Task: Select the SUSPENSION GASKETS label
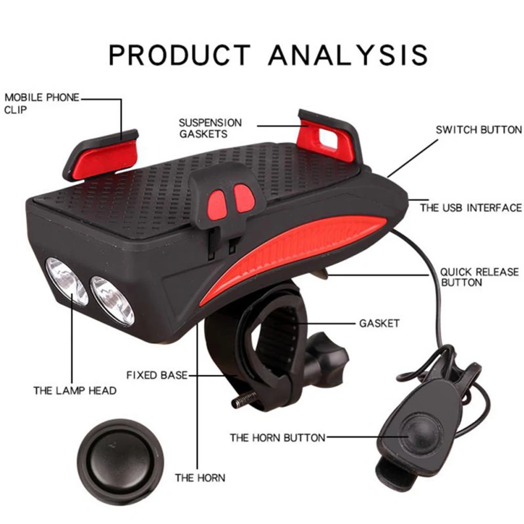211,128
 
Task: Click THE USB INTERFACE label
471,208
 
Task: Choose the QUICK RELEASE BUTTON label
479,277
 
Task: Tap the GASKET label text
379,323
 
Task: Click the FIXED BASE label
157,375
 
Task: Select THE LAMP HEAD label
75,390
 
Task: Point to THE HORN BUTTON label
277,437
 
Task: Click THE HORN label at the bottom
200,477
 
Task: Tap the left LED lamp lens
67,281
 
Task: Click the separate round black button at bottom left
117,455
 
